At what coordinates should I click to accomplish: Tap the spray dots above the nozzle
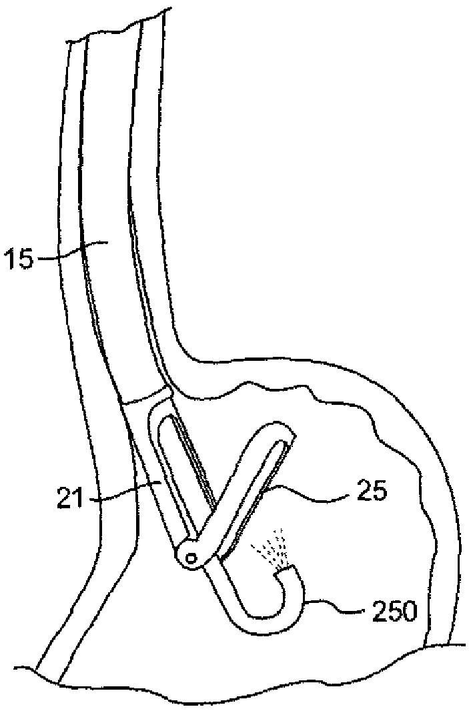tap(272, 546)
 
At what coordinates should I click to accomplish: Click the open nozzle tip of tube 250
tap(288, 569)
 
